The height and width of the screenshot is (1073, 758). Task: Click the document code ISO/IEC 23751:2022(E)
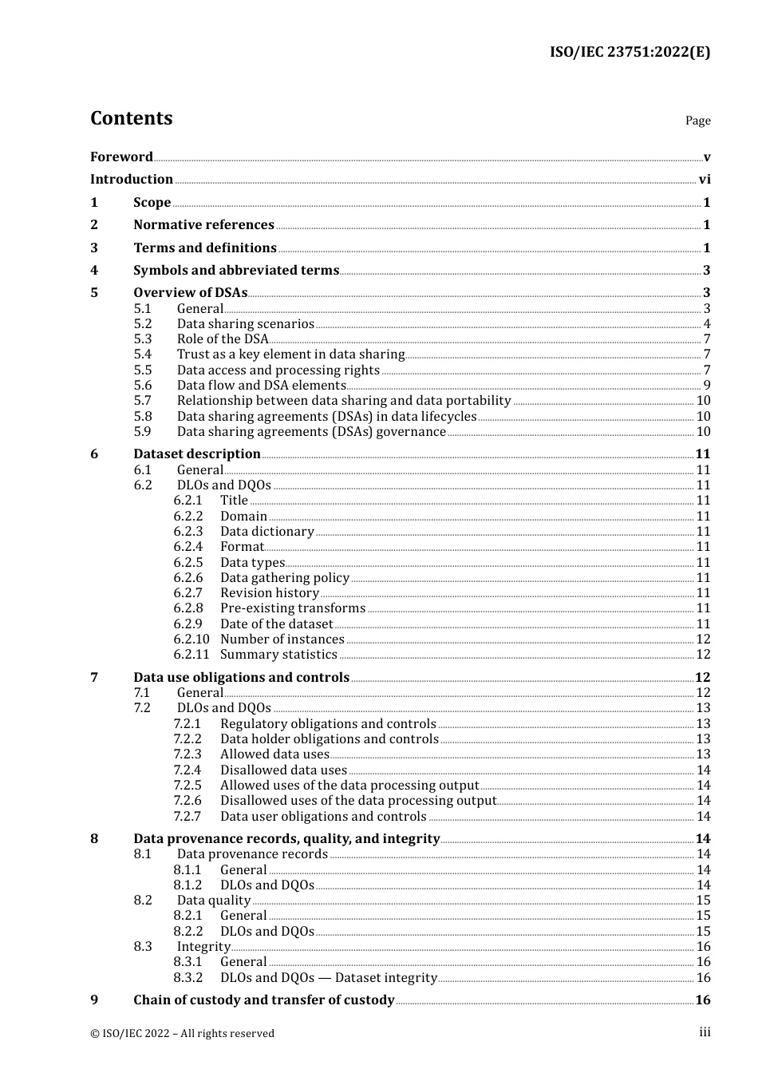click(630, 53)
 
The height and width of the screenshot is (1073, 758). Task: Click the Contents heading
click(131, 118)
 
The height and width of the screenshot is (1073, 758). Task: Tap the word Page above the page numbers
click(697, 121)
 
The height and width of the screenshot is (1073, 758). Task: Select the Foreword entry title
click(121, 157)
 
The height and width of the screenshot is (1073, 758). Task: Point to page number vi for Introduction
click(705, 180)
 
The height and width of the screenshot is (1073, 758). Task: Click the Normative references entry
click(203, 225)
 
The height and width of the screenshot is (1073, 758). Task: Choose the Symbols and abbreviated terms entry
click(236, 271)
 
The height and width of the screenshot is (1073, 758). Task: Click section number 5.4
click(143, 354)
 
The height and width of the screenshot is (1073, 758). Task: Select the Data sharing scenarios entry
click(246, 324)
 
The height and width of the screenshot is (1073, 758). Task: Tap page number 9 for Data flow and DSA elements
click(706, 386)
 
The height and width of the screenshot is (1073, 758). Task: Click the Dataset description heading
click(197, 454)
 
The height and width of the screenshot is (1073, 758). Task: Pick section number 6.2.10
click(191, 639)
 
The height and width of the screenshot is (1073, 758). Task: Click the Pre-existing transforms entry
click(293, 608)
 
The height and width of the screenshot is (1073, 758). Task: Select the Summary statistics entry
click(278, 655)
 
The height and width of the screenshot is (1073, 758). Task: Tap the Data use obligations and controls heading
click(241, 678)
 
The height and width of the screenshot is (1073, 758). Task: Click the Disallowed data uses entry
click(283, 770)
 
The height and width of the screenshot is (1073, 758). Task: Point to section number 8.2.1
click(188, 916)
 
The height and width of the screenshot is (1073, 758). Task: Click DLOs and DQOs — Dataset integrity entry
click(329, 978)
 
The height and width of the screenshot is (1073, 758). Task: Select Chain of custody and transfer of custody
click(264, 1000)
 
